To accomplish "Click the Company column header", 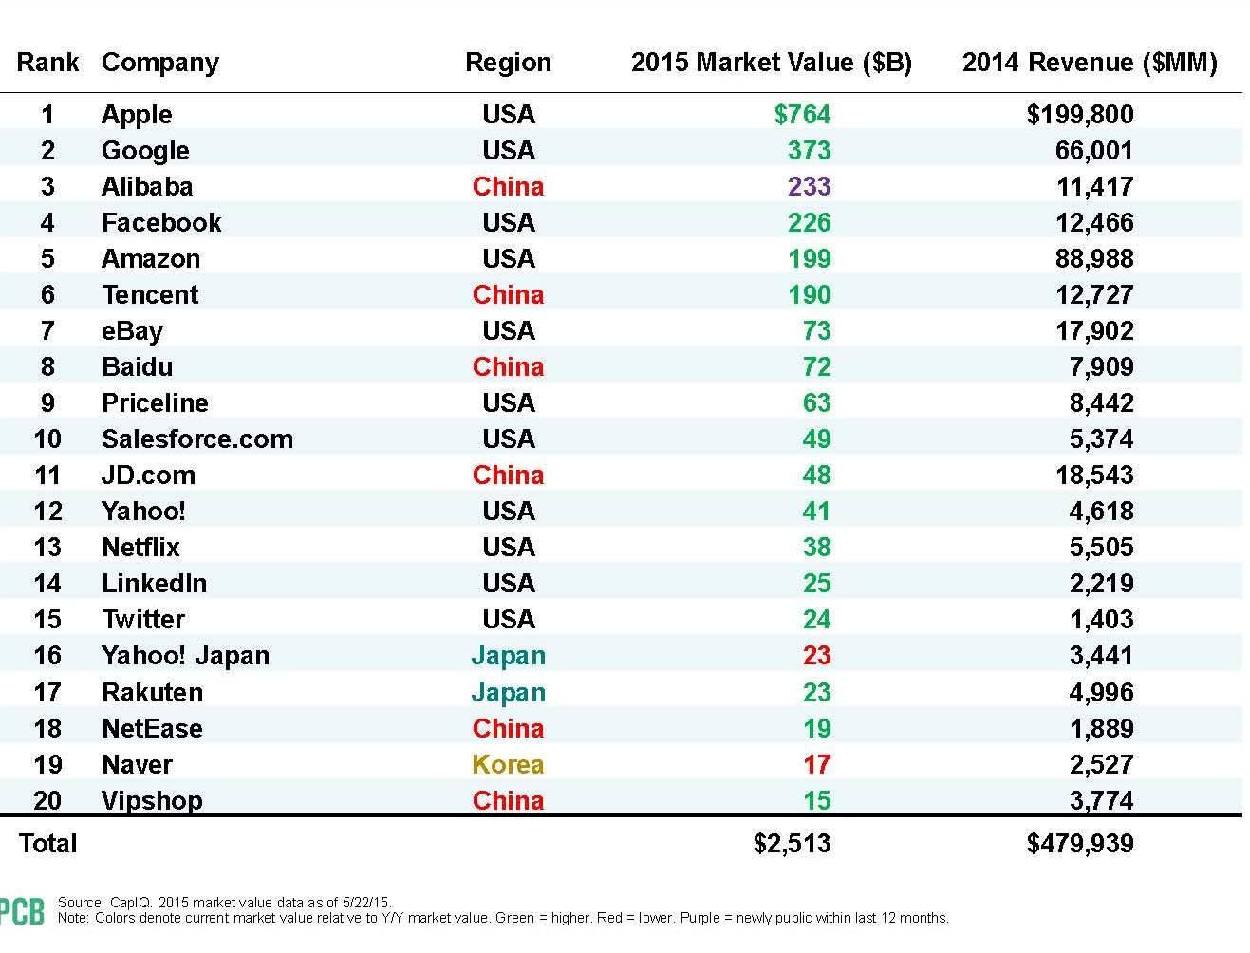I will tap(159, 63).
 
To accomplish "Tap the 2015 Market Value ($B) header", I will tap(771, 63).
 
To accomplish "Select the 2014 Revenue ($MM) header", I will tap(1089, 63).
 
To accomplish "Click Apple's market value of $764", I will tap(802, 115).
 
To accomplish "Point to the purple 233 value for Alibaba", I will tap(809, 187).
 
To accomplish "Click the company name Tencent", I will tap(150, 295).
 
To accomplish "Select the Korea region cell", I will tap(508, 765).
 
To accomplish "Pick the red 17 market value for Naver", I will tap(816, 765).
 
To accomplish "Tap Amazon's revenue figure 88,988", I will tap(1093, 259).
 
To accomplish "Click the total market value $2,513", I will tap(792, 844).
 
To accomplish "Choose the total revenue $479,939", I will tap(1079, 844).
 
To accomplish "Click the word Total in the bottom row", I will tap(47, 844).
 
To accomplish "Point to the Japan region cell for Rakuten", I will tap(508, 693).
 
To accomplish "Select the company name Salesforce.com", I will tap(196, 439).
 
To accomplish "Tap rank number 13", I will tap(47, 548).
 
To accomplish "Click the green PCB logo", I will tap(21, 911).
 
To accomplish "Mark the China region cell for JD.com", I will tap(508, 476).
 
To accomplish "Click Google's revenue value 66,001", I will tap(1093, 151).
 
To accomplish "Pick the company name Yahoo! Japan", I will tap(185, 656).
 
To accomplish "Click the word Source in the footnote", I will tap(80, 903).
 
